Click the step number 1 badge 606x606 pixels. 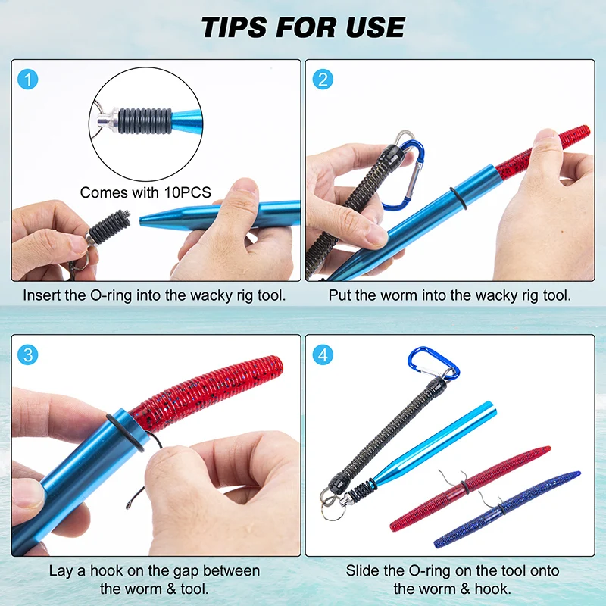click(x=28, y=80)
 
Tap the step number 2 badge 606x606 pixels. click(x=323, y=80)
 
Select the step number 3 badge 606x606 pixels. click(x=28, y=355)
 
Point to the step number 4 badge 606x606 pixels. click(x=323, y=355)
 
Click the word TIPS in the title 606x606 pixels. click(x=235, y=27)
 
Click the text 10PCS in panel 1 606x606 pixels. click(x=187, y=192)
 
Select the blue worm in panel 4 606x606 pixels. click(x=507, y=509)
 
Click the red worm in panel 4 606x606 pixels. click(x=470, y=489)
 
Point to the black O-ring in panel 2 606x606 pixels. click(x=458, y=198)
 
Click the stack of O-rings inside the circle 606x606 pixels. click(x=145, y=120)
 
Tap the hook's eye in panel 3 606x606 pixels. click(x=129, y=504)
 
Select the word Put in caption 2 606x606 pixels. click(x=339, y=295)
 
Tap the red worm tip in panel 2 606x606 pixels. click(x=583, y=130)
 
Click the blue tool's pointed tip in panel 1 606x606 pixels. click(x=141, y=220)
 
